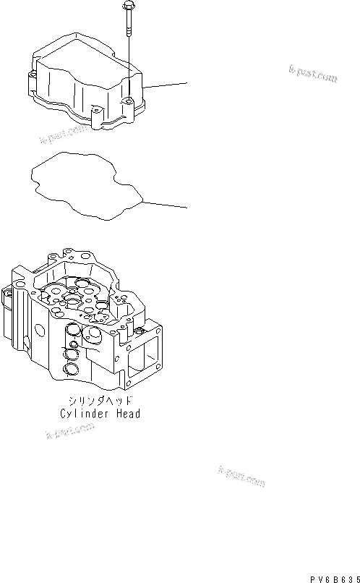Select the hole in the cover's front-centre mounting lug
point(95,111)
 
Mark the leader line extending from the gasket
point(166,204)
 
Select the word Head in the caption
point(129,414)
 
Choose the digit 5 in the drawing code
point(357,577)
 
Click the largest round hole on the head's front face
point(93,336)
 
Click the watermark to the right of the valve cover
point(312,74)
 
